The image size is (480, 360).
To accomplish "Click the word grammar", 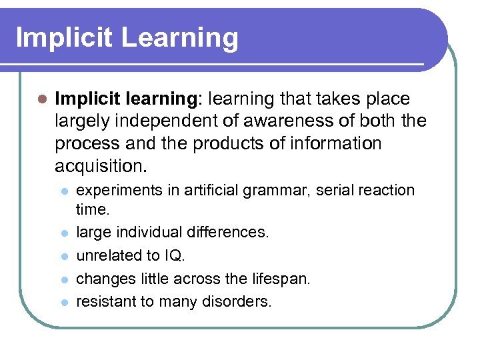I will point(271,191).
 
